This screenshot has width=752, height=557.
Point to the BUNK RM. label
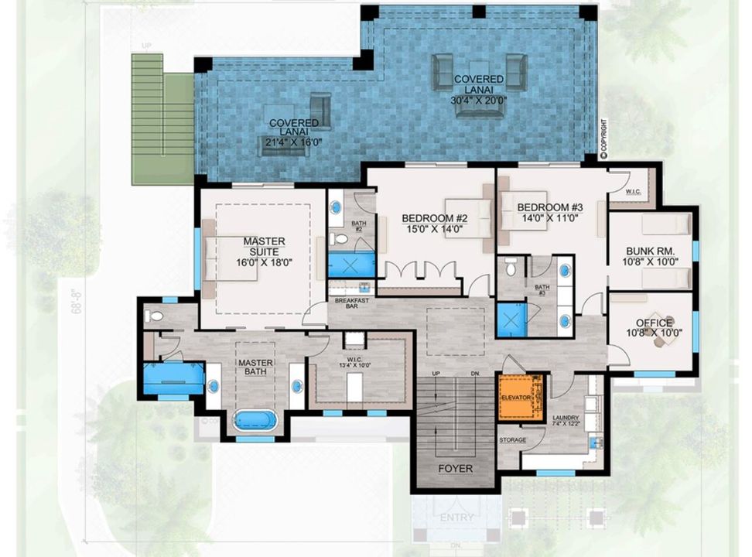click(651, 251)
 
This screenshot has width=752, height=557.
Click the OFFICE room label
click(655, 323)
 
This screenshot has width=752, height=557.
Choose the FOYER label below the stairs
click(455, 468)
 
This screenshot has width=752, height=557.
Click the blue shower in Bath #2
click(351, 265)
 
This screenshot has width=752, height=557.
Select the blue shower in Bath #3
click(511, 319)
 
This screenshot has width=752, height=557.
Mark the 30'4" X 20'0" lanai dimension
click(478, 100)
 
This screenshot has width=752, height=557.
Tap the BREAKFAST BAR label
click(346, 302)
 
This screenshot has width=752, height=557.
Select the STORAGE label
click(512, 440)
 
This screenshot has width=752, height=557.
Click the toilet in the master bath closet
click(155, 316)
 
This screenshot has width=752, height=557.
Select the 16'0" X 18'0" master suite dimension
click(264, 262)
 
